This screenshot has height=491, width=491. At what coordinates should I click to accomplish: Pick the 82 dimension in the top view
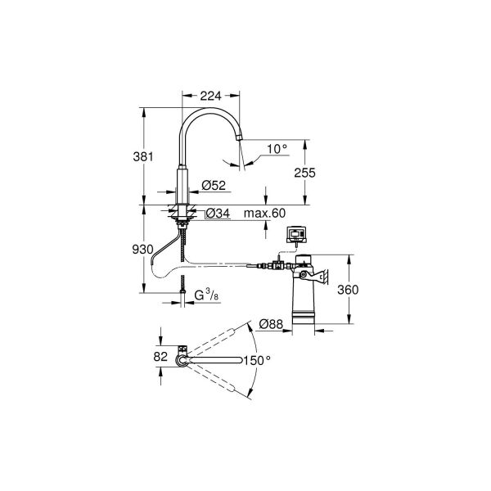160,357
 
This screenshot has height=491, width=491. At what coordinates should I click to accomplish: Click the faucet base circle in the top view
182,358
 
